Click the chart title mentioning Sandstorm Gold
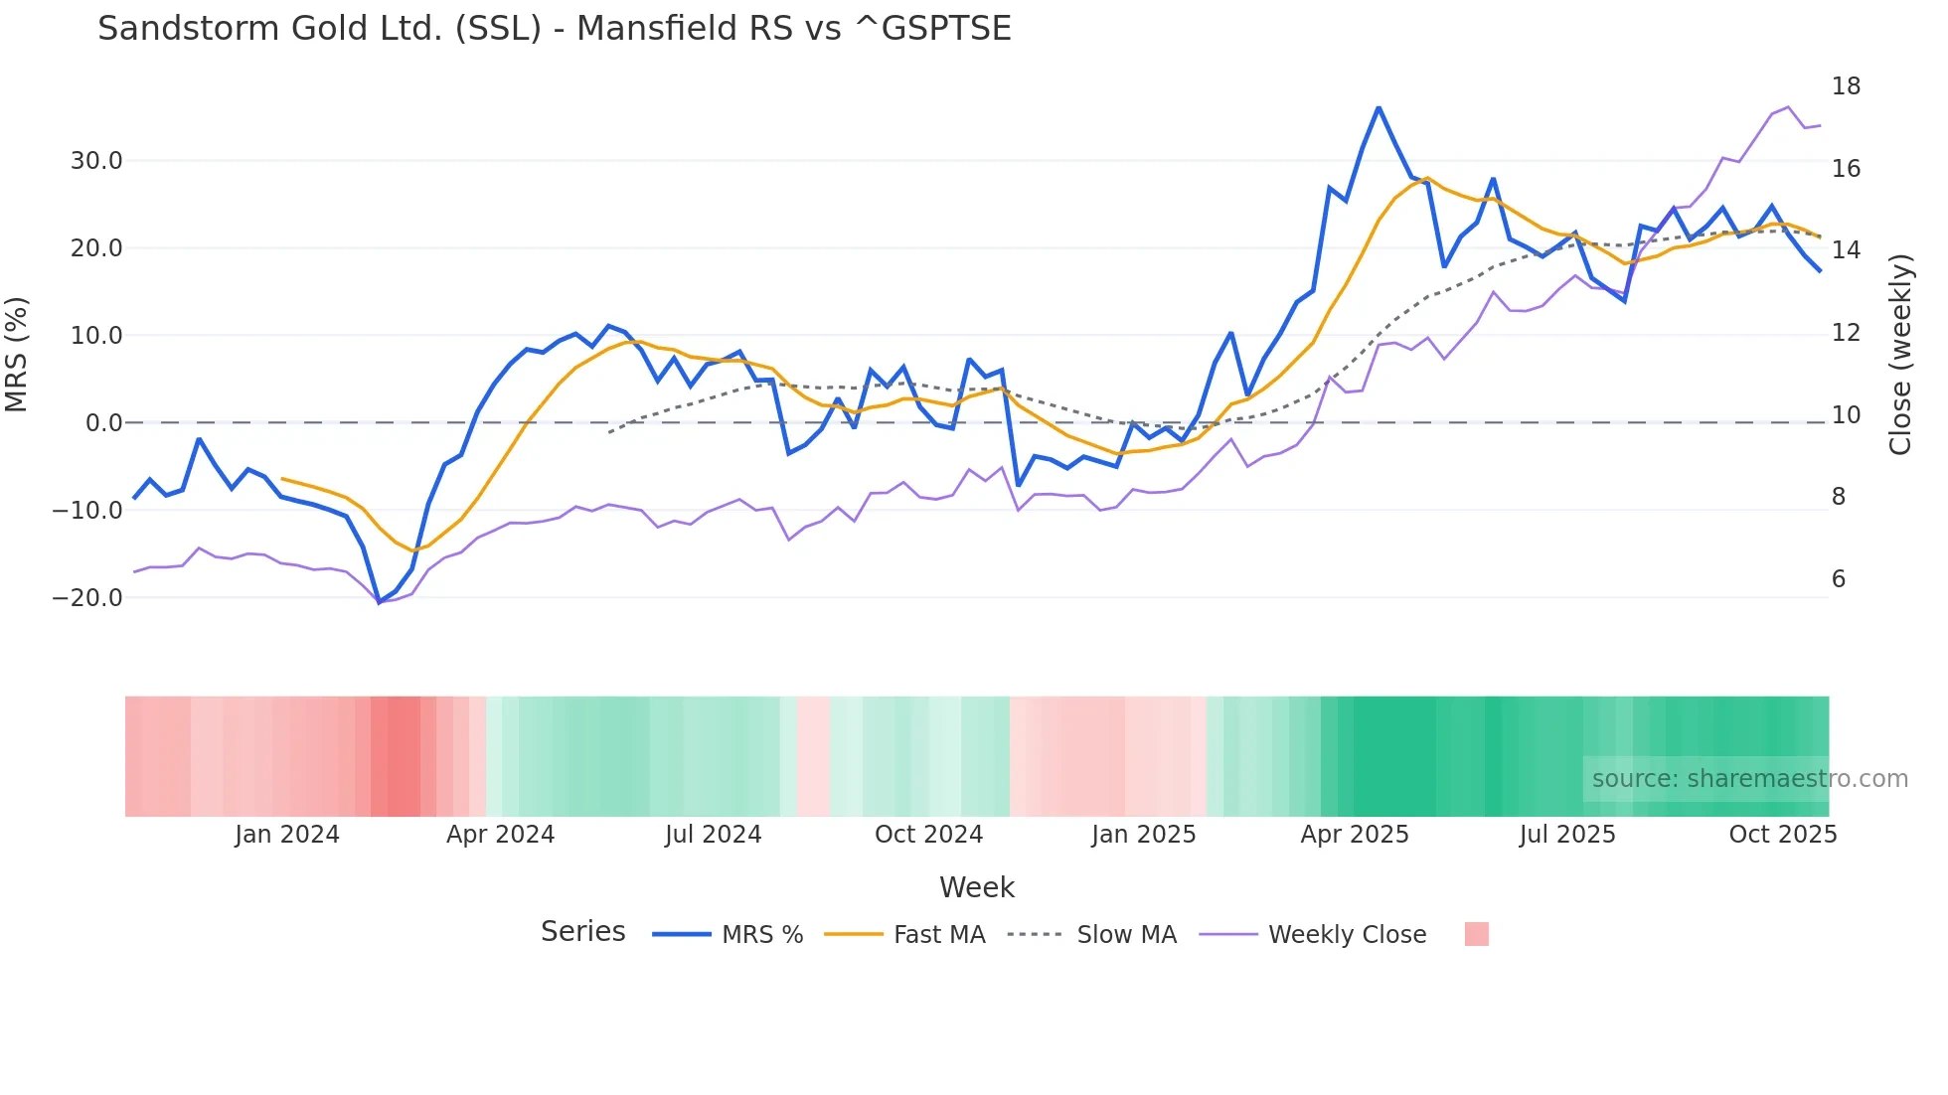point(554,29)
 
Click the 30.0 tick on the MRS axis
point(96,161)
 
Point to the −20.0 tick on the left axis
point(88,598)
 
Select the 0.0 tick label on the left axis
point(104,423)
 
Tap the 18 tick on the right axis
point(1846,86)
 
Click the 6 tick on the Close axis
point(1839,579)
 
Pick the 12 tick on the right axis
point(1846,333)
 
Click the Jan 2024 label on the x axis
point(286,835)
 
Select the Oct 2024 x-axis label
point(928,835)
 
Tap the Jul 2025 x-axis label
point(1567,835)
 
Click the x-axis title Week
point(976,887)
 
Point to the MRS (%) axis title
point(17,354)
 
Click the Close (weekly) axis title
point(1900,355)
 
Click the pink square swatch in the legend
point(1476,934)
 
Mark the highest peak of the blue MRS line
point(1379,107)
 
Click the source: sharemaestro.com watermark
point(1749,779)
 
